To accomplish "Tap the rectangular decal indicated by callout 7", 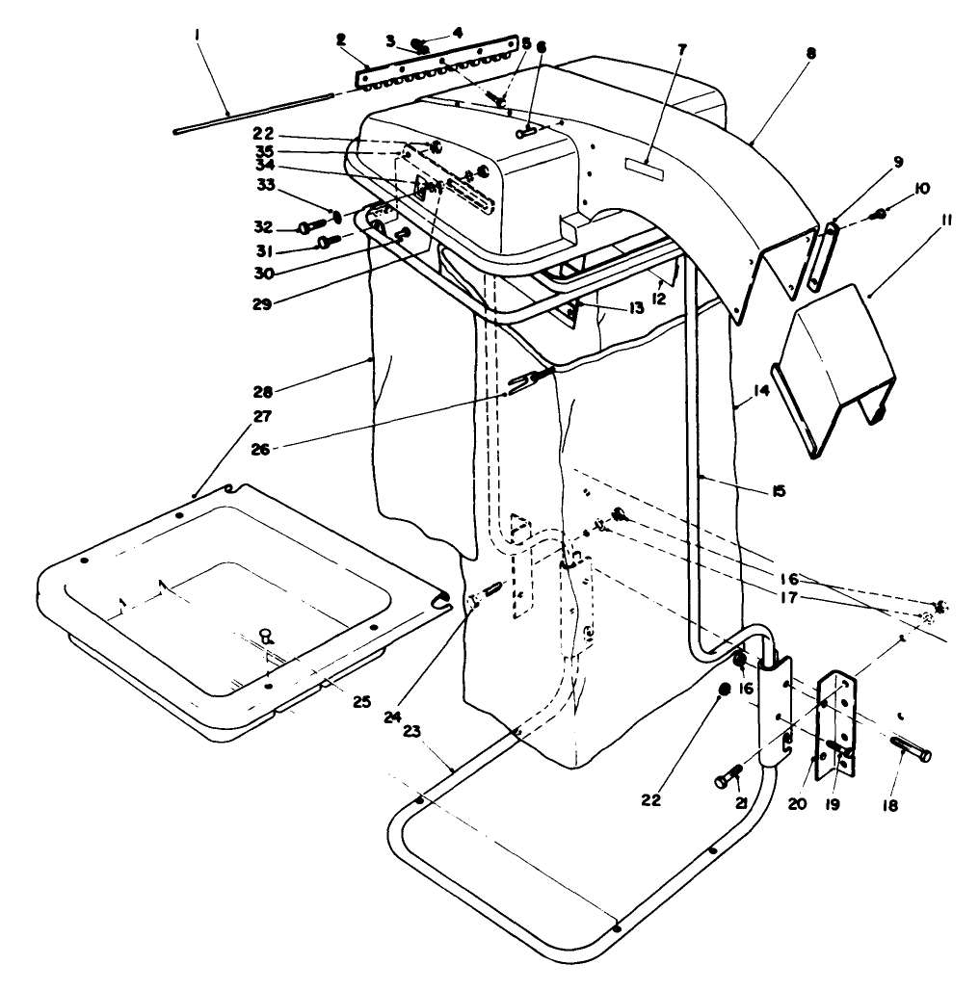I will click(x=647, y=165).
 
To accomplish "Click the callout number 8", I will click(x=810, y=55).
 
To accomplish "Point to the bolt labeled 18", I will click(x=912, y=752).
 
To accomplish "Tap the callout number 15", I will click(x=779, y=491).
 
